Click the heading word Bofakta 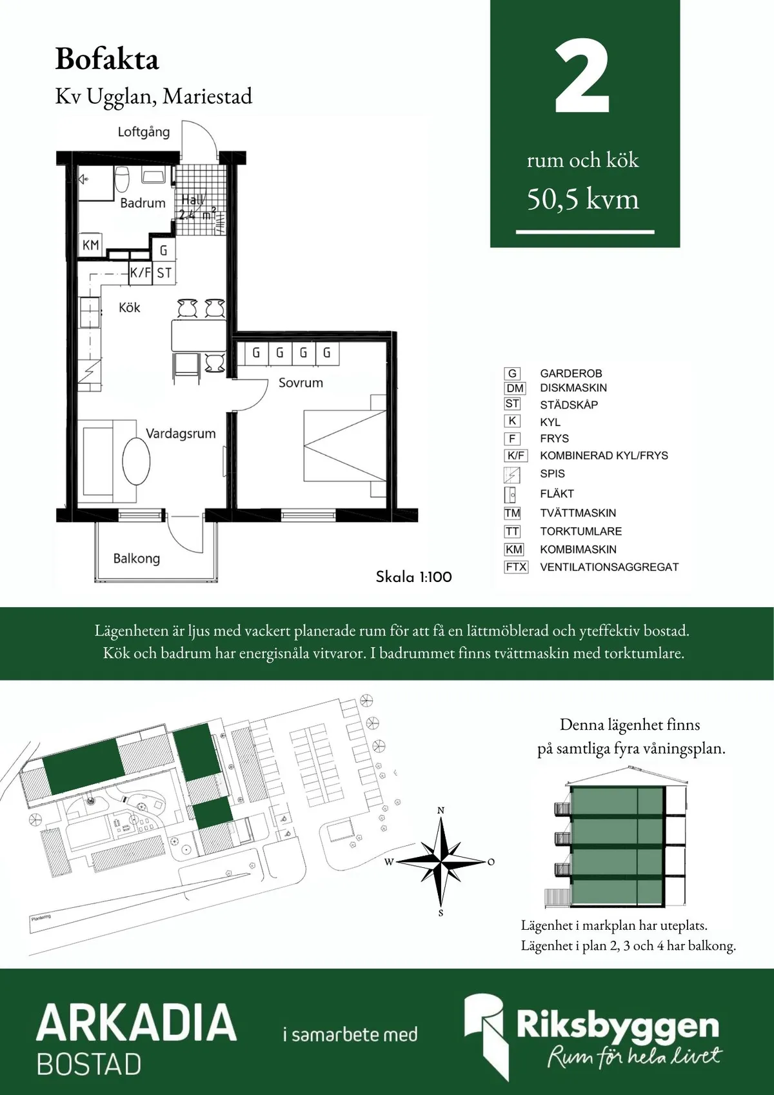coord(107,59)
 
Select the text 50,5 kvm coord(582,199)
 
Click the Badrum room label coord(143,203)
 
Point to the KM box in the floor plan coord(91,245)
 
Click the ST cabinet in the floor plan coord(164,272)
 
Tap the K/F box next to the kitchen coord(140,272)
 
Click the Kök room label coord(129,308)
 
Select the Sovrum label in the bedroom coord(301,383)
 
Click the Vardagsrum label coord(181,434)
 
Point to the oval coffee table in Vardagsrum coord(136,461)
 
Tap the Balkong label coord(136,558)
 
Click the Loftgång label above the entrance coord(143,132)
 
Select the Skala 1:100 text coord(413,577)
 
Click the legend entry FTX coord(516,567)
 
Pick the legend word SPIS coord(552,474)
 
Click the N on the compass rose coord(441,810)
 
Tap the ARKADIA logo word coord(136,1022)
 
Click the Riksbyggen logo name coord(617,1025)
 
